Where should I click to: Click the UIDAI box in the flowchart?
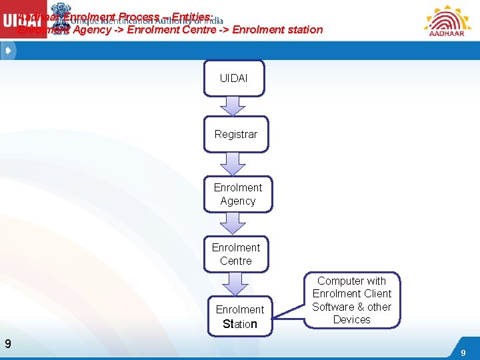234,79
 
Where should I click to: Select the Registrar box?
235,134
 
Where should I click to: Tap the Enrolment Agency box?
238,194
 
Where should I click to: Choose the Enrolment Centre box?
235,254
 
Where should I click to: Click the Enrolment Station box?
239,317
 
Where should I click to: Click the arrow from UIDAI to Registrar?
234,106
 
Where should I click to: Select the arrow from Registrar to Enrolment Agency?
233,163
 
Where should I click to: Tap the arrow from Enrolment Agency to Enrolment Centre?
233,223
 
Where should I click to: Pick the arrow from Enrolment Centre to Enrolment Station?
234,283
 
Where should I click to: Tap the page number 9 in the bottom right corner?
463,351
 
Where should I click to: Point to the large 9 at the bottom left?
7,344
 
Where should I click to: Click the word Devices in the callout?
351,320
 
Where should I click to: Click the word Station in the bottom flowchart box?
239,325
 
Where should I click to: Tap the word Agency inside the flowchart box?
238,201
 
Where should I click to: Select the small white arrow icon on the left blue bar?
7,51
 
